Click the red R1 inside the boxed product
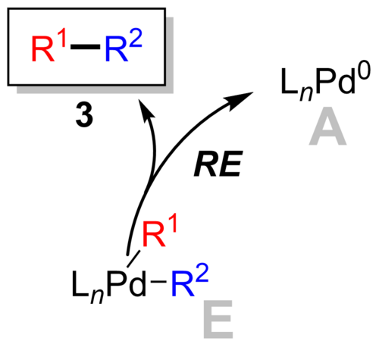[49, 48]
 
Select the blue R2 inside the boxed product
[124, 45]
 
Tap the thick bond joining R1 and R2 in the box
[86, 47]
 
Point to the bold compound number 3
[85, 116]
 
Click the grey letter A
[327, 127]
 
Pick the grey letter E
[218, 319]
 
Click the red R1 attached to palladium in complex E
[160, 233]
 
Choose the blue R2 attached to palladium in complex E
[189, 280]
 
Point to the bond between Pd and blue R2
[158, 281]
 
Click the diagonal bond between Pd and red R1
[133, 258]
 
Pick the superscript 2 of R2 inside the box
[136, 38]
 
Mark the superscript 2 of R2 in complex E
[202, 273]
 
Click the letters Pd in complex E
[126, 284]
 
